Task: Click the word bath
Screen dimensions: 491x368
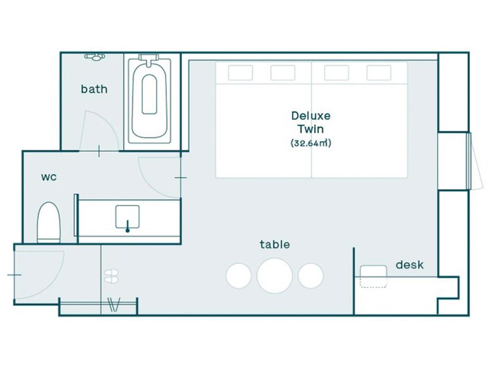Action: tap(94, 89)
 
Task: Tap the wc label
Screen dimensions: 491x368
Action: tap(49, 177)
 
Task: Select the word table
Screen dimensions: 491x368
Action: tap(274, 244)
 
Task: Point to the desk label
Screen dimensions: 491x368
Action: tap(409, 265)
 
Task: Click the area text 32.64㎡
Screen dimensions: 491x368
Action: tap(311, 143)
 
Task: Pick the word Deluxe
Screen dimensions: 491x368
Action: tap(311, 116)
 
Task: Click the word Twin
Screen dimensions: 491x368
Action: tap(311, 129)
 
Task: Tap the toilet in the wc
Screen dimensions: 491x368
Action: tap(49, 222)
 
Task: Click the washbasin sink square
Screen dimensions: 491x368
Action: tap(128, 216)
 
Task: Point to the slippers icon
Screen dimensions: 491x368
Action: tap(111, 276)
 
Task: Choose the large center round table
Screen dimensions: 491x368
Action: tap(274, 276)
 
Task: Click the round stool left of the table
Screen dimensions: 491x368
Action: tap(239, 276)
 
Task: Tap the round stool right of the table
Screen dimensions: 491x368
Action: tap(310, 276)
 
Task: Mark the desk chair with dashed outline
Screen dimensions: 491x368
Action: tap(373, 276)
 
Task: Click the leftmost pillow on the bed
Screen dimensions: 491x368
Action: tap(240, 73)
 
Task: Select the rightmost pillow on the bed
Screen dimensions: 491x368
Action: tap(379, 73)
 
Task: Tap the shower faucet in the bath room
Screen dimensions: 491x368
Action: tap(95, 57)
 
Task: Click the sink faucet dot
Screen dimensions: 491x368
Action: tap(128, 231)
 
